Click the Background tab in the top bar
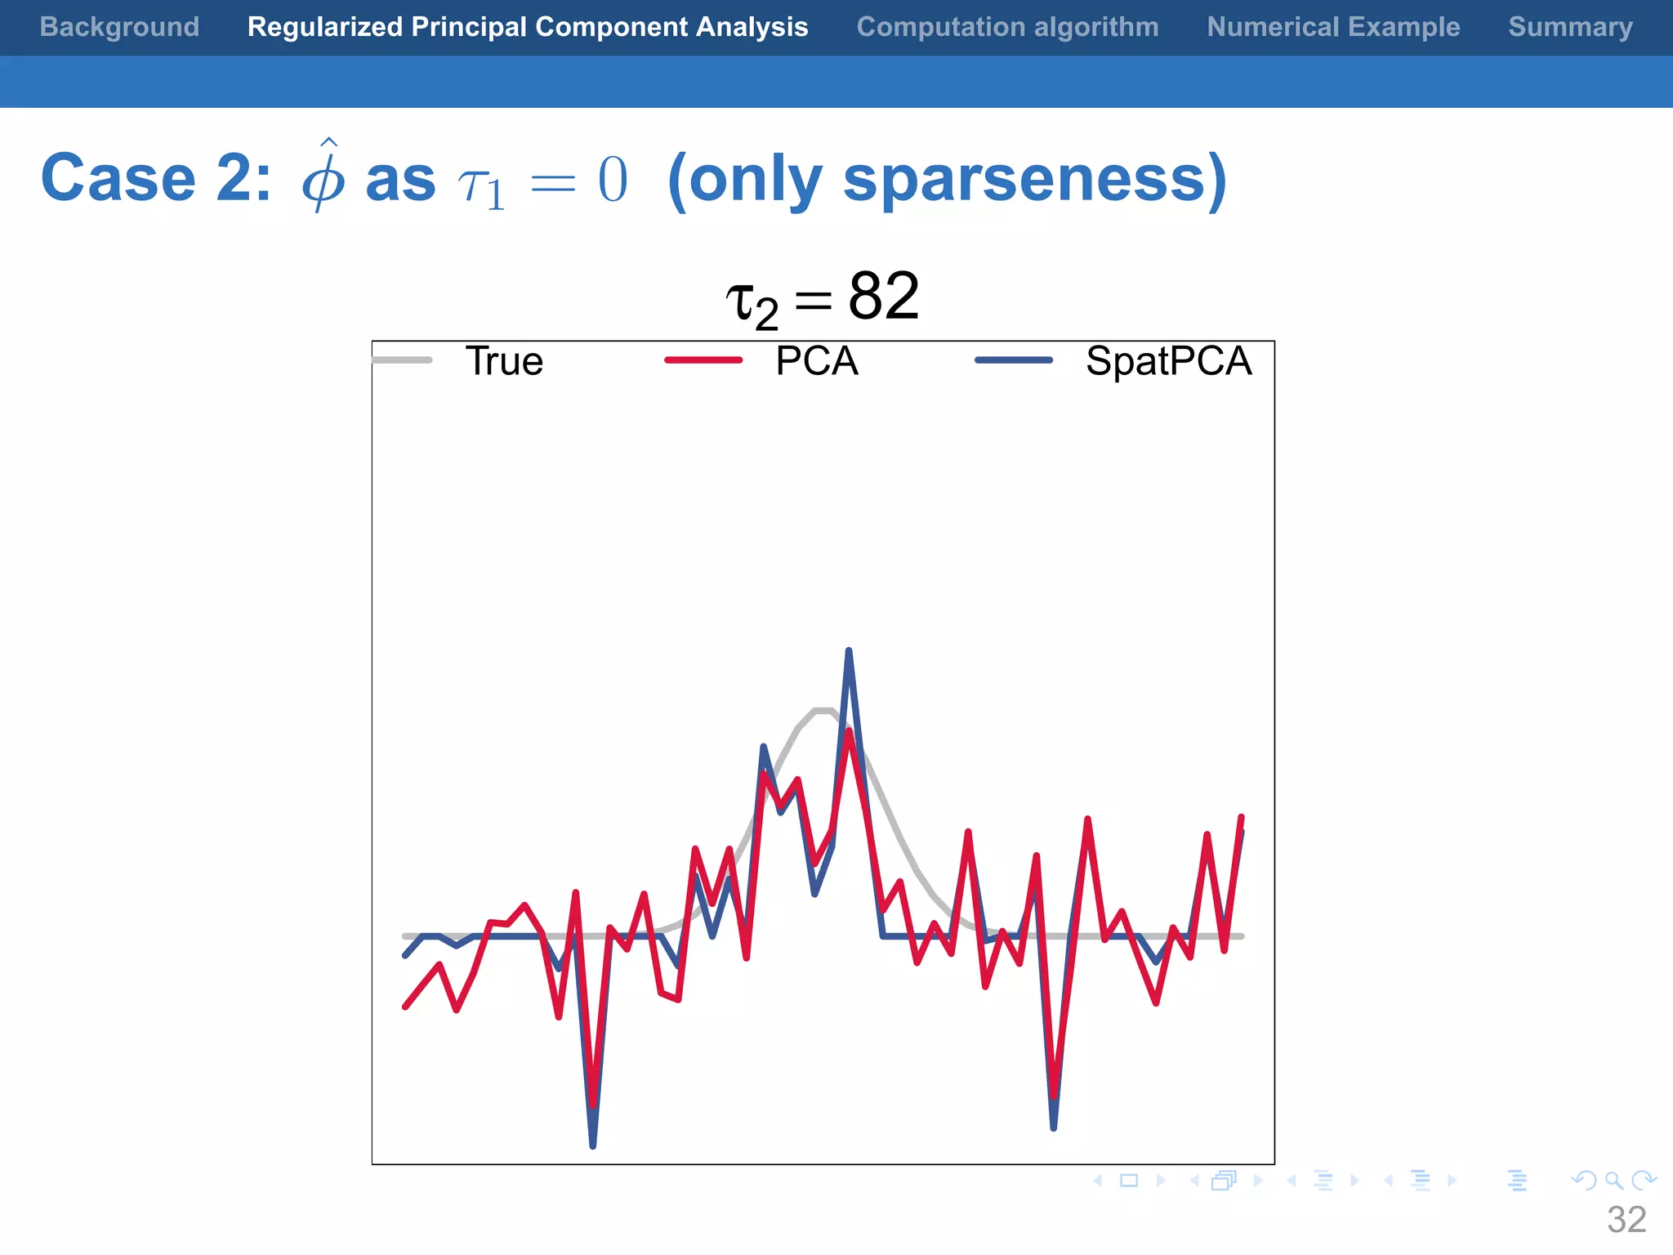pyautogui.click(x=119, y=27)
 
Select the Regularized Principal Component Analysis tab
pyautogui.click(x=528, y=27)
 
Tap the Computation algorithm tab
pyautogui.click(x=1007, y=27)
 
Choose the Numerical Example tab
pyautogui.click(x=1333, y=27)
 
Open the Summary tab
pyautogui.click(x=1570, y=27)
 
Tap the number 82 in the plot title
pyautogui.click(x=883, y=296)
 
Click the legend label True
pyautogui.click(x=504, y=361)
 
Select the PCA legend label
pyautogui.click(x=816, y=361)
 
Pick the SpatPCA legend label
pyautogui.click(x=1168, y=361)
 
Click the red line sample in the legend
pyautogui.click(x=703, y=360)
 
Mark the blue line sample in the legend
pyautogui.click(x=1014, y=360)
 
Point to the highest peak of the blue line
pyautogui.click(x=849, y=651)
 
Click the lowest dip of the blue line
pyautogui.click(x=592, y=1145)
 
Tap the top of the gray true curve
pyautogui.click(x=823, y=711)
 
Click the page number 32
pyautogui.click(x=1626, y=1220)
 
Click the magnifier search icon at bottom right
pyautogui.click(x=1613, y=1181)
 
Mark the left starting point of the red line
pyautogui.click(x=405, y=1007)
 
